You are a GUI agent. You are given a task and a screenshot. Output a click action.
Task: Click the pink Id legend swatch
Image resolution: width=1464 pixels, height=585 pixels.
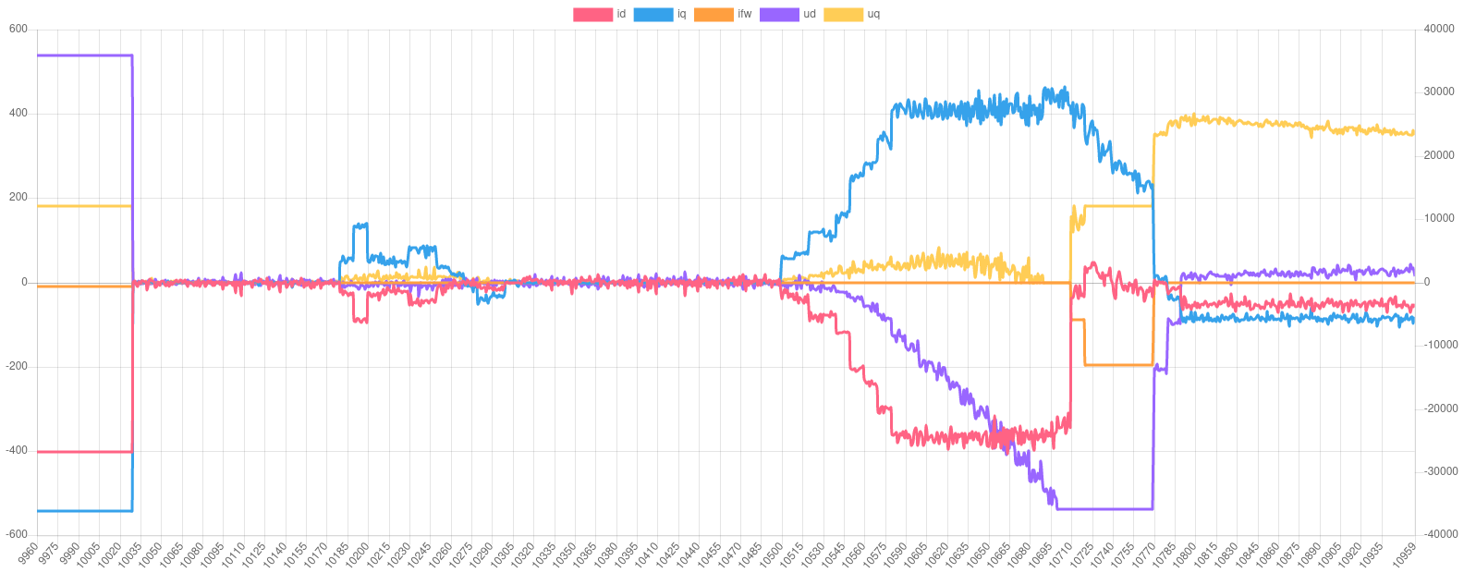[x=592, y=14]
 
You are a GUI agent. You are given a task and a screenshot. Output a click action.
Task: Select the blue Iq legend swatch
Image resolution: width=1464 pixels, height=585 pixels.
[x=653, y=14]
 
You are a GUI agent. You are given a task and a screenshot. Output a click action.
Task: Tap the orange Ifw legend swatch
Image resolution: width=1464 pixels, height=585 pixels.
[x=713, y=14]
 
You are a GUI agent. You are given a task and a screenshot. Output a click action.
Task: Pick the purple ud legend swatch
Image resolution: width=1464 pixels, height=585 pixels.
[x=779, y=14]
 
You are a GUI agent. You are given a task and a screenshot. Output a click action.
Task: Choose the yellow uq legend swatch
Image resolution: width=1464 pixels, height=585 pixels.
[x=843, y=14]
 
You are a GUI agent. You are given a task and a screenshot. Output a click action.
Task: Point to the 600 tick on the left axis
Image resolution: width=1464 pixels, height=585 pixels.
[x=18, y=29]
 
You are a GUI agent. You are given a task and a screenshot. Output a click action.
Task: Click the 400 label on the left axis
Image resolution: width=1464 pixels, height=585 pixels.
[x=18, y=114]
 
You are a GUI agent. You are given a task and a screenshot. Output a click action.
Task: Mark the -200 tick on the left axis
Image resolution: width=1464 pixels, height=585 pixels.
[x=17, y=366]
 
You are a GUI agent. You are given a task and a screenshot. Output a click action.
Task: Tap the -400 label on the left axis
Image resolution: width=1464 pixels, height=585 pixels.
[x=17, y=451]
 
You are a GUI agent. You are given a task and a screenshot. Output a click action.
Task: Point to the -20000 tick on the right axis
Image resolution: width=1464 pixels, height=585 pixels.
[x=1438, y=408]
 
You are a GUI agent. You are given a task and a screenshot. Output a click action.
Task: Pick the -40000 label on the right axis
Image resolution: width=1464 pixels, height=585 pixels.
[x=1438, y=534]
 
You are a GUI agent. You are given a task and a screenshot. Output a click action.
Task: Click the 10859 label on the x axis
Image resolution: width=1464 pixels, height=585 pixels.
[x=1404, y=555]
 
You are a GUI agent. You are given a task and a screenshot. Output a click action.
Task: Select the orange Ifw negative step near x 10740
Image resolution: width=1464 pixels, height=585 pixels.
[x=1118, y=365]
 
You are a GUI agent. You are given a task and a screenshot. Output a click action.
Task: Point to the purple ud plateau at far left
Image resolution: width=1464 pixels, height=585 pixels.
[x=83, y=55]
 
